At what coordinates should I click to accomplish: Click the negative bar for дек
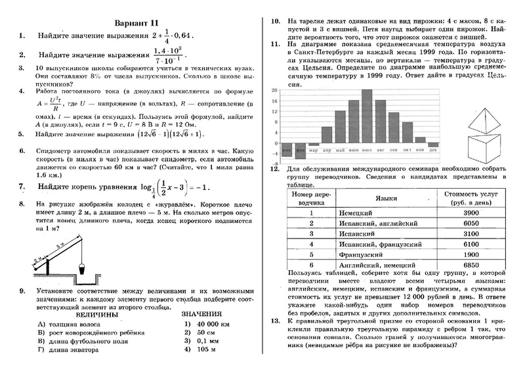tap(432, 145)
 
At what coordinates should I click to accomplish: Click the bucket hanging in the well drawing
tap(82, 267)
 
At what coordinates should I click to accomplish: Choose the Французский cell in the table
tap(358, 254)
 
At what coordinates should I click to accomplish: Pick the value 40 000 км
tap(209, 323)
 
